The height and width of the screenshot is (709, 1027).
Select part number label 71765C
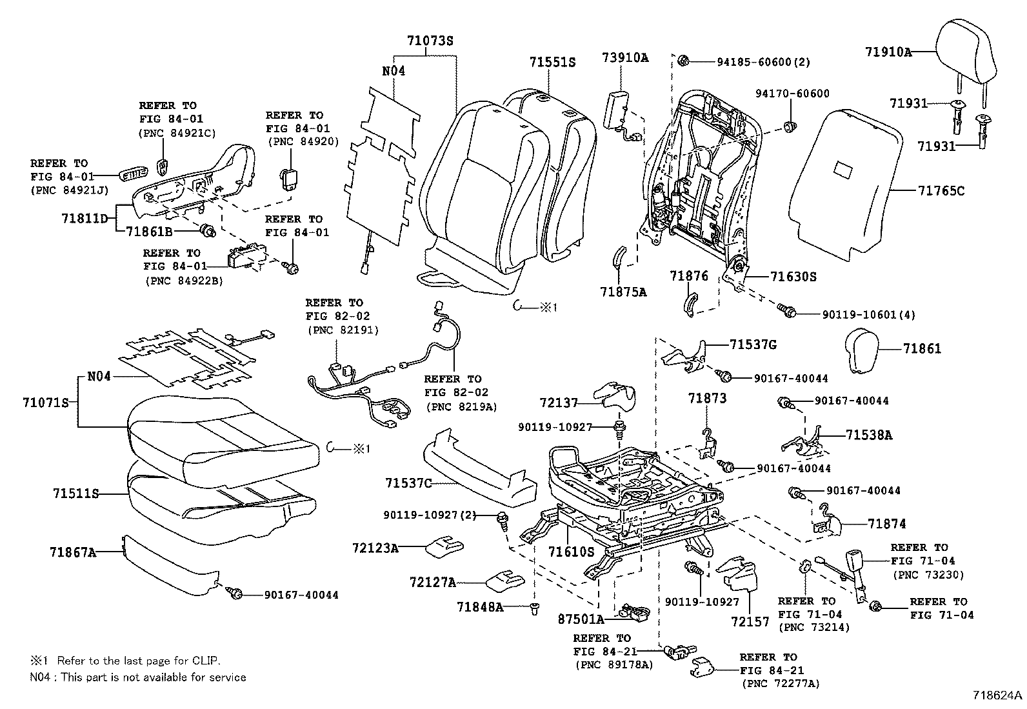941,191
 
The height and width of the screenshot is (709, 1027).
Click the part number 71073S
430,40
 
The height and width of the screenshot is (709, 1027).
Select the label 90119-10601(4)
868,315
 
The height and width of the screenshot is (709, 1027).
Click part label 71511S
75,494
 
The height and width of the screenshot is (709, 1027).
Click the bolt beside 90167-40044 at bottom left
235,594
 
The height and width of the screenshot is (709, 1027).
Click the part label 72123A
375,548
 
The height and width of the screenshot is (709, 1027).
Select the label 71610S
571,552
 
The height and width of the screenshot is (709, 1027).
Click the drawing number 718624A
998,695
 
